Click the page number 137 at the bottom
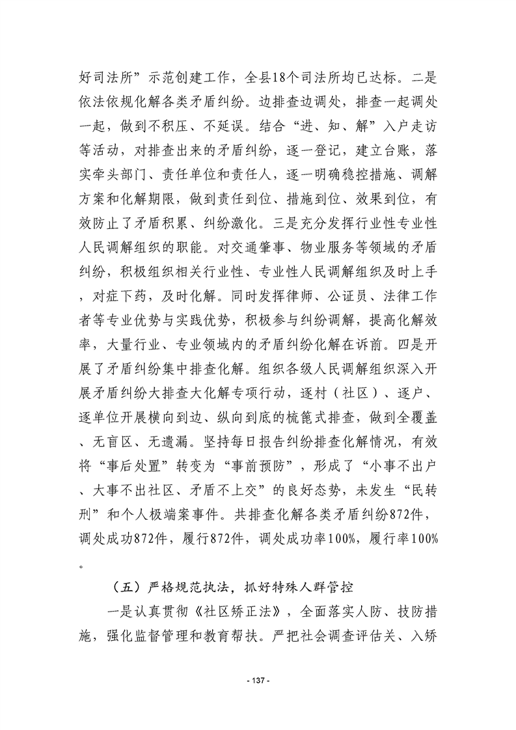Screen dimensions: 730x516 click(x=258, y=680)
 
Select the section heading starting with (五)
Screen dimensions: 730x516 click(x=232, y=587)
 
